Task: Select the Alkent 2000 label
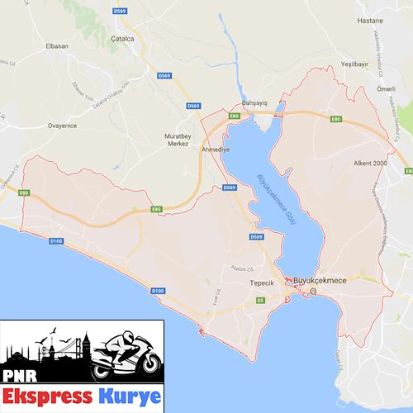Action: [x=370, y=164]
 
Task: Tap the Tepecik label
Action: [x=261, y=282]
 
